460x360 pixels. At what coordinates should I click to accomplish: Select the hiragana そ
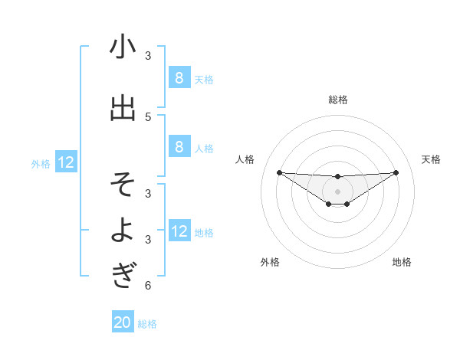pos(123,185)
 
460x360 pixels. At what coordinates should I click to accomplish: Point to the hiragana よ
pos(123,231)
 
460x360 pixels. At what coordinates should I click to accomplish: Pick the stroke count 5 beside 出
pos(148,116)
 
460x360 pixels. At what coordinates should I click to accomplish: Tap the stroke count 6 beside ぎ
pos(148,286)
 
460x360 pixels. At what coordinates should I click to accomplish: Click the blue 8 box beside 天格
pos(179,78)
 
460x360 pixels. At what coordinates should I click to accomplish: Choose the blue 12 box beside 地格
pos(179,231)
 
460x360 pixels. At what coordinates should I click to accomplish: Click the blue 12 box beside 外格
pos(65,162)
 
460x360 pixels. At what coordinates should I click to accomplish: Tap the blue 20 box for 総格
pos(122,322)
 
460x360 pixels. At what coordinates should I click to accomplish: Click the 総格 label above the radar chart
pos(337,100)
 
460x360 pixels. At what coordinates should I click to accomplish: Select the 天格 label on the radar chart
pos(431,159)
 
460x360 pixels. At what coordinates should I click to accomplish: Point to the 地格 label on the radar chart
pos(402,262)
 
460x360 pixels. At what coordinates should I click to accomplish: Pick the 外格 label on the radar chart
pos(270,262)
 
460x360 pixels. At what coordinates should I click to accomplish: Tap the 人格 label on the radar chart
pos(245,159)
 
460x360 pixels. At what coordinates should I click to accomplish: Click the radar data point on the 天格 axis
pos(396,172)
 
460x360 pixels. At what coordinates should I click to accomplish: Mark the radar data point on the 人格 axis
pos(279,172)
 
